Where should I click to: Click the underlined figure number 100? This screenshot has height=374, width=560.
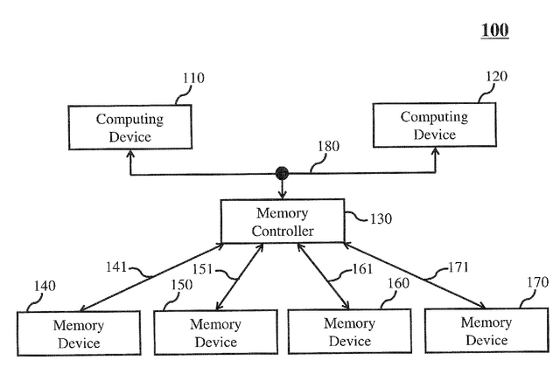(x=494, y=30)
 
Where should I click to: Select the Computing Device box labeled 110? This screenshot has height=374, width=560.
(x=130, y=128)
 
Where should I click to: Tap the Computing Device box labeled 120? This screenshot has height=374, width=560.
(x=435, y=125)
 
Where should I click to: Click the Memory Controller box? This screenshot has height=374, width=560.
(x=283, y=221)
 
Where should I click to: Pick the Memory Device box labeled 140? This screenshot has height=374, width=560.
(x=79, y=334)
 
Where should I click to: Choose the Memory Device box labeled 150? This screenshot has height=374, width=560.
(x=216, y=333)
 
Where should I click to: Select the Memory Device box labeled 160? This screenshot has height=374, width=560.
(x=350, y=331)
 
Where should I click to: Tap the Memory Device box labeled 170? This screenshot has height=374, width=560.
(x=486, y=330)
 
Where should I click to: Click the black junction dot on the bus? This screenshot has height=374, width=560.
(x=282, y=173)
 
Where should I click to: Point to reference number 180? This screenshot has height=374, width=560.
(x=329, y=146)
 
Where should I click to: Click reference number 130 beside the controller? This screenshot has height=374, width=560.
(x=381, y=219)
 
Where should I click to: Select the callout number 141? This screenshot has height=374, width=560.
(x=116, y=267)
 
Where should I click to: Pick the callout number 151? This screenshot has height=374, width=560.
(x=202, y=269)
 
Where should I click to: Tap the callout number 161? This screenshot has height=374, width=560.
(x=362, y=269)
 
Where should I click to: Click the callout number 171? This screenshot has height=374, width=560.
(x=458, y=267)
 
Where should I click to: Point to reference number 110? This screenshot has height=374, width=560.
(x=193, y=78)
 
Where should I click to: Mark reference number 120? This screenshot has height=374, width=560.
(x=496, y=76)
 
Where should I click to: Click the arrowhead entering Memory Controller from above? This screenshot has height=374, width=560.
(x=282, y=195)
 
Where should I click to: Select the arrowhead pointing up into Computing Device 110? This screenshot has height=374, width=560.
(x=130, y=154)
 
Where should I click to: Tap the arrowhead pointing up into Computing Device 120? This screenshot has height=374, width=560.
(x=435, y=151)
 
